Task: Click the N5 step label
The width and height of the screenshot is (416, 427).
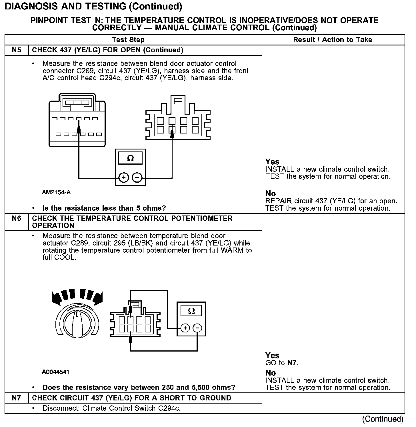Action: pyautogui.click(x=17, y=50)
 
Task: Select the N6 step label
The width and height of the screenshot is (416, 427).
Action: pyautogui.click(x=17, y=219)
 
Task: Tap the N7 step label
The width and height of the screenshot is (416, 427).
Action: pyautogui.click(x=17, y=398)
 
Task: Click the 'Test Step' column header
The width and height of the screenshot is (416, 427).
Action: pyautogui.click(x=128, y=40)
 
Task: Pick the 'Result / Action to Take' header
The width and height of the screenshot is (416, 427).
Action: pyautogui.click(x=333, y=40)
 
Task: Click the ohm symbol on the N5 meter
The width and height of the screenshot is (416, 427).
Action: pyautogui.click(x=130, y=158)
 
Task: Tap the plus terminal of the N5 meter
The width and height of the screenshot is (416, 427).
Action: pyautogui.click(x=124, y=178)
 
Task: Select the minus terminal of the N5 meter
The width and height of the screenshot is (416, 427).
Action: pyautogui.click(x=137, y=178)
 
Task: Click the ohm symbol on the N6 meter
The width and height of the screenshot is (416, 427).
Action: pyautogui.click(x=191, y=311)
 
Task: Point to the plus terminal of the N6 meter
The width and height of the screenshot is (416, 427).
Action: pyautogui.click(x=185, y=328)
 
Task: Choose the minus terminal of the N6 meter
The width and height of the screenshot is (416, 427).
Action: pyautogui.click(x=197, y=328)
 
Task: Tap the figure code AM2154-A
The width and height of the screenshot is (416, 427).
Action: pyautogui.click(x=56, y=192)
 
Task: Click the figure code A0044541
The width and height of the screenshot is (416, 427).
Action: pyautogui.click(x=55, y=372)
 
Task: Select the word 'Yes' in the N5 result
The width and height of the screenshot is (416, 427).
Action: pyautogui.click(x=272, y=162)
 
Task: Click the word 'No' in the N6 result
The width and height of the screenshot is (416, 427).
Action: pyautogui.click(x=270, y=373)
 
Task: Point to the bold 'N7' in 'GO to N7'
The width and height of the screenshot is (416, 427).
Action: pyautogui.click(x=292, y=363)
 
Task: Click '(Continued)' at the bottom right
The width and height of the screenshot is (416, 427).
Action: pyautogui.click(x=383, y=419)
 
